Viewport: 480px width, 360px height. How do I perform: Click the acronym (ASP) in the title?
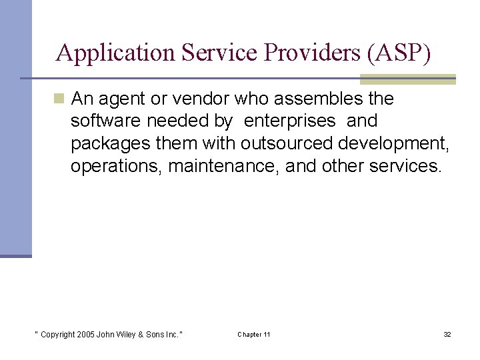[x=399, y=53]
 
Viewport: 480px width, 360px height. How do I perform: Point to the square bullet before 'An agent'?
[x=59, y=99]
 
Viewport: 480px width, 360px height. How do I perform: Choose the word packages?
[x=111, y=143]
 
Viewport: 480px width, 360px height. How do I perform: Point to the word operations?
[x=117, y=165]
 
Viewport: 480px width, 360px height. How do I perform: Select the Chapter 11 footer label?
[x=253, y=335]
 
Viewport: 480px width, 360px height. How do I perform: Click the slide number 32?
[x=447, y=335]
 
